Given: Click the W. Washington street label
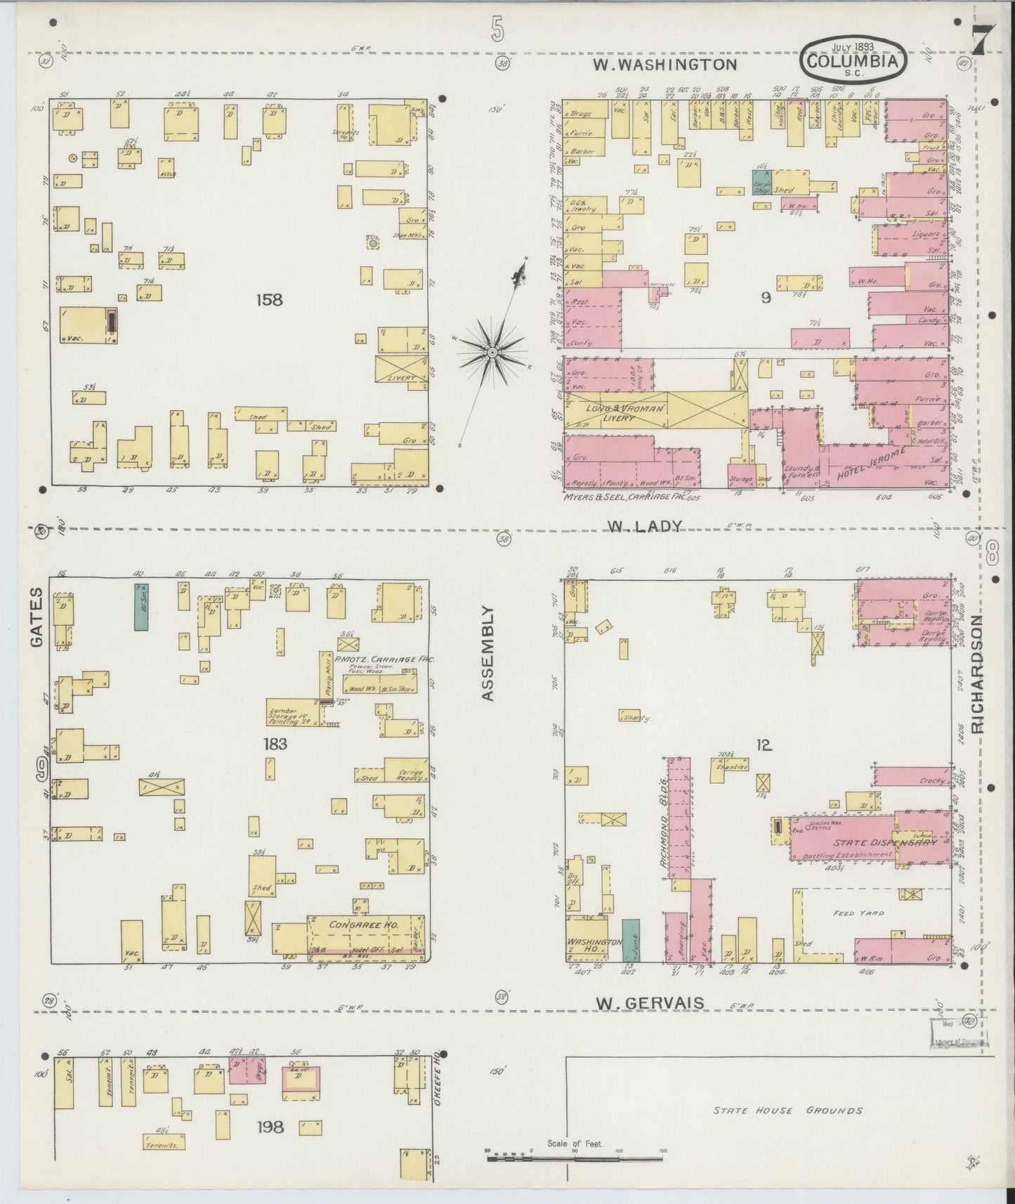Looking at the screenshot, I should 664,65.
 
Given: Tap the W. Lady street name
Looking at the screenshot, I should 645,526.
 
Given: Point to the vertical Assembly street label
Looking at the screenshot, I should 490,654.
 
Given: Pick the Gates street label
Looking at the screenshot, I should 37,617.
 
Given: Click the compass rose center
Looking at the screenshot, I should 492,351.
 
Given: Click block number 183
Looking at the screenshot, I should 275,744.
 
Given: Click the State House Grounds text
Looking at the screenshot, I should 787,1111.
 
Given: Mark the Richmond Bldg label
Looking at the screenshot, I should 662,821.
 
